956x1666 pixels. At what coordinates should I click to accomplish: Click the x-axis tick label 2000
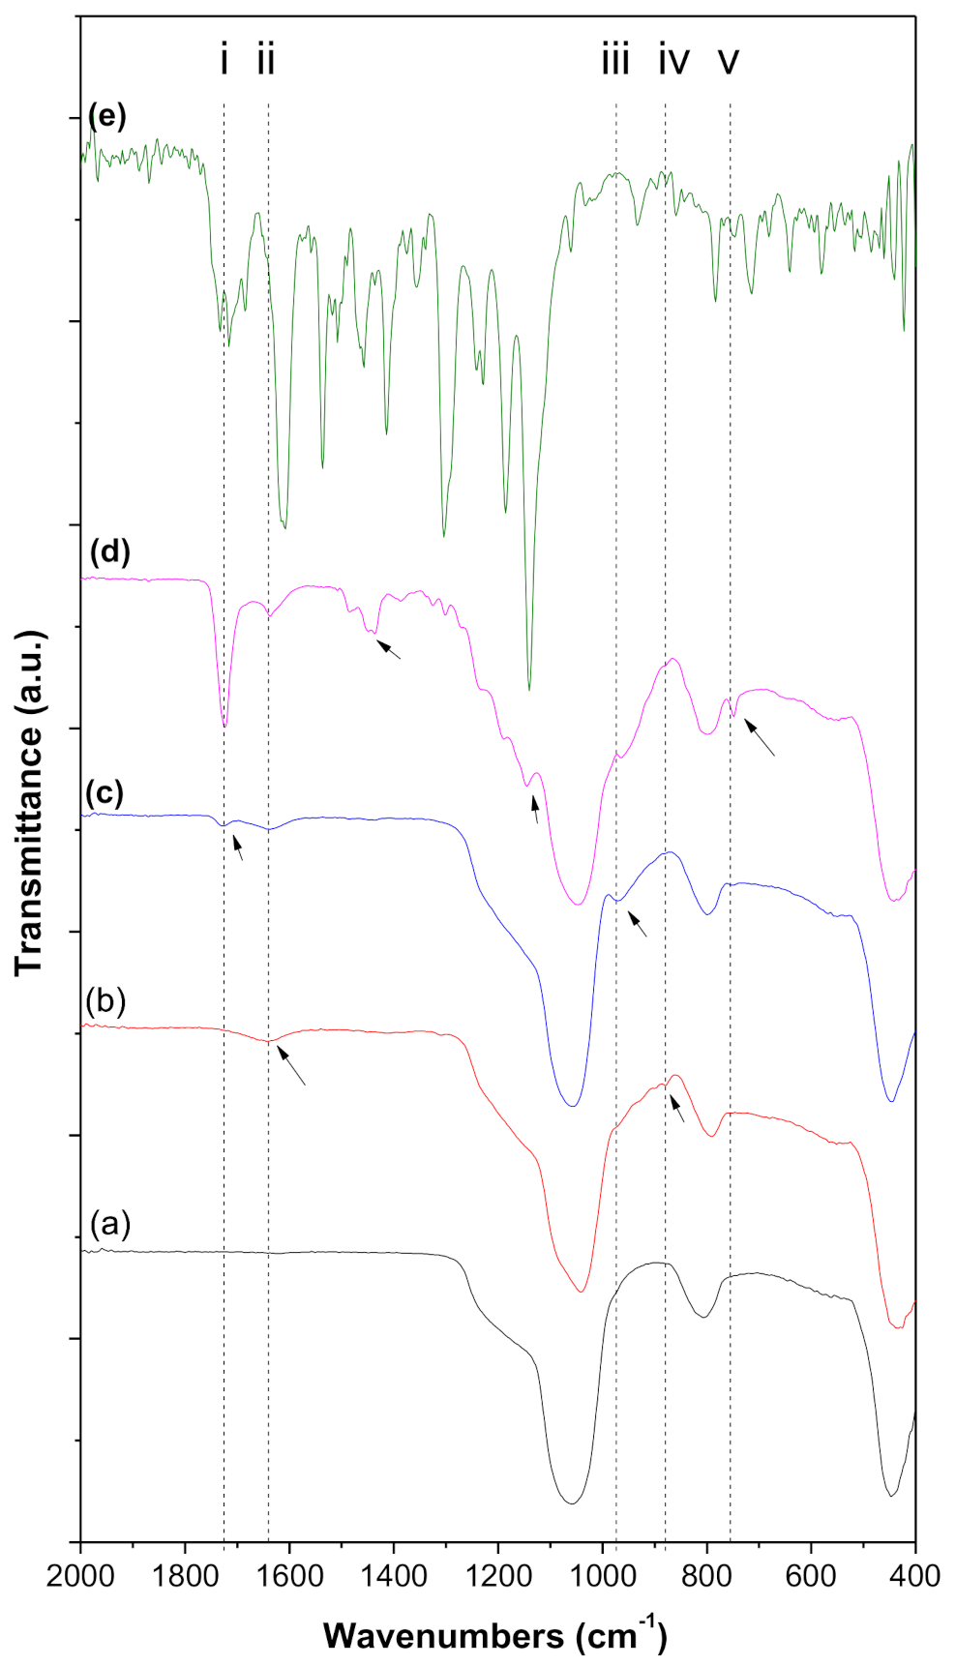tap(80, 1576)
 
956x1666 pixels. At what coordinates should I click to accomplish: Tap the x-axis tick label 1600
tap(288, 1576)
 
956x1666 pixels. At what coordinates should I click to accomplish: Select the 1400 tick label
tap(393, 1576)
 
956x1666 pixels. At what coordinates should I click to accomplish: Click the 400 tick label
tap(914, 1576)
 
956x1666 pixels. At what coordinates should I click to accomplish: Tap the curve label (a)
tap(109, 1224)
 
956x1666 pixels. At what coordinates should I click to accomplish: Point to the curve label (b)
tap(106, 999)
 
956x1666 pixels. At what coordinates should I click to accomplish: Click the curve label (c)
tap(105, 793)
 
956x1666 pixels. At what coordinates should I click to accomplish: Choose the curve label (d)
tap(108, 552)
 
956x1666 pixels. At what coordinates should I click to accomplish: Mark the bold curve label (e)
tap(106, 115)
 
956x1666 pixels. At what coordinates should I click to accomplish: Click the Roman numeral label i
tap(224, 60)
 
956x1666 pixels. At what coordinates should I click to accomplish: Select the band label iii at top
tap(615, 60)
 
